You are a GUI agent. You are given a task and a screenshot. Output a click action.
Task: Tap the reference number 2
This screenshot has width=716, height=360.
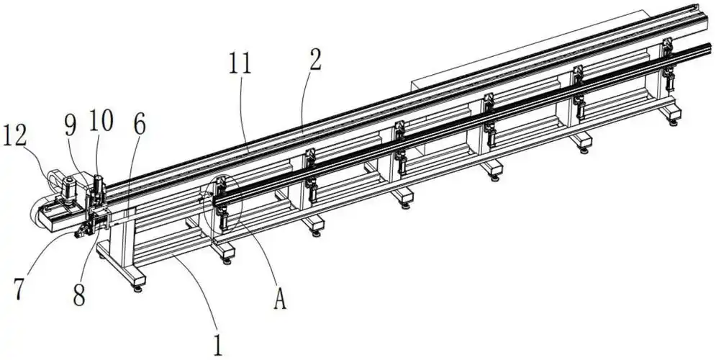tap(315, 60)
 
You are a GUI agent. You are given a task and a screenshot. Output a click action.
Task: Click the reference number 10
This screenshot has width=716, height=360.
tap(101, 121)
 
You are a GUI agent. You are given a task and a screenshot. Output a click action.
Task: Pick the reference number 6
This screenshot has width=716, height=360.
tap(140, 125)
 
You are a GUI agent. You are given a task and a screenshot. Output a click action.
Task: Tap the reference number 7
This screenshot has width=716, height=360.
tap(19, 289)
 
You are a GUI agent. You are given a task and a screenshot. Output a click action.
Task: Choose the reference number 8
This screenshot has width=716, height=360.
tap(79, 296)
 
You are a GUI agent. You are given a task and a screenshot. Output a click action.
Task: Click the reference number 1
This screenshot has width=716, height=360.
tap(218, 346)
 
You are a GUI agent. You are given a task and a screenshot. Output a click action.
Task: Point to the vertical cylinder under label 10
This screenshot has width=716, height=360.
tap(97, 187)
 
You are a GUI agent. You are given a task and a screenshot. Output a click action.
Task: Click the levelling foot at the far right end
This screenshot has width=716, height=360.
tap(674, 122)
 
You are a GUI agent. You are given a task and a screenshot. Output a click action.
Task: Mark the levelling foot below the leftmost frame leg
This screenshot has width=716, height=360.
tap(137, 288)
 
